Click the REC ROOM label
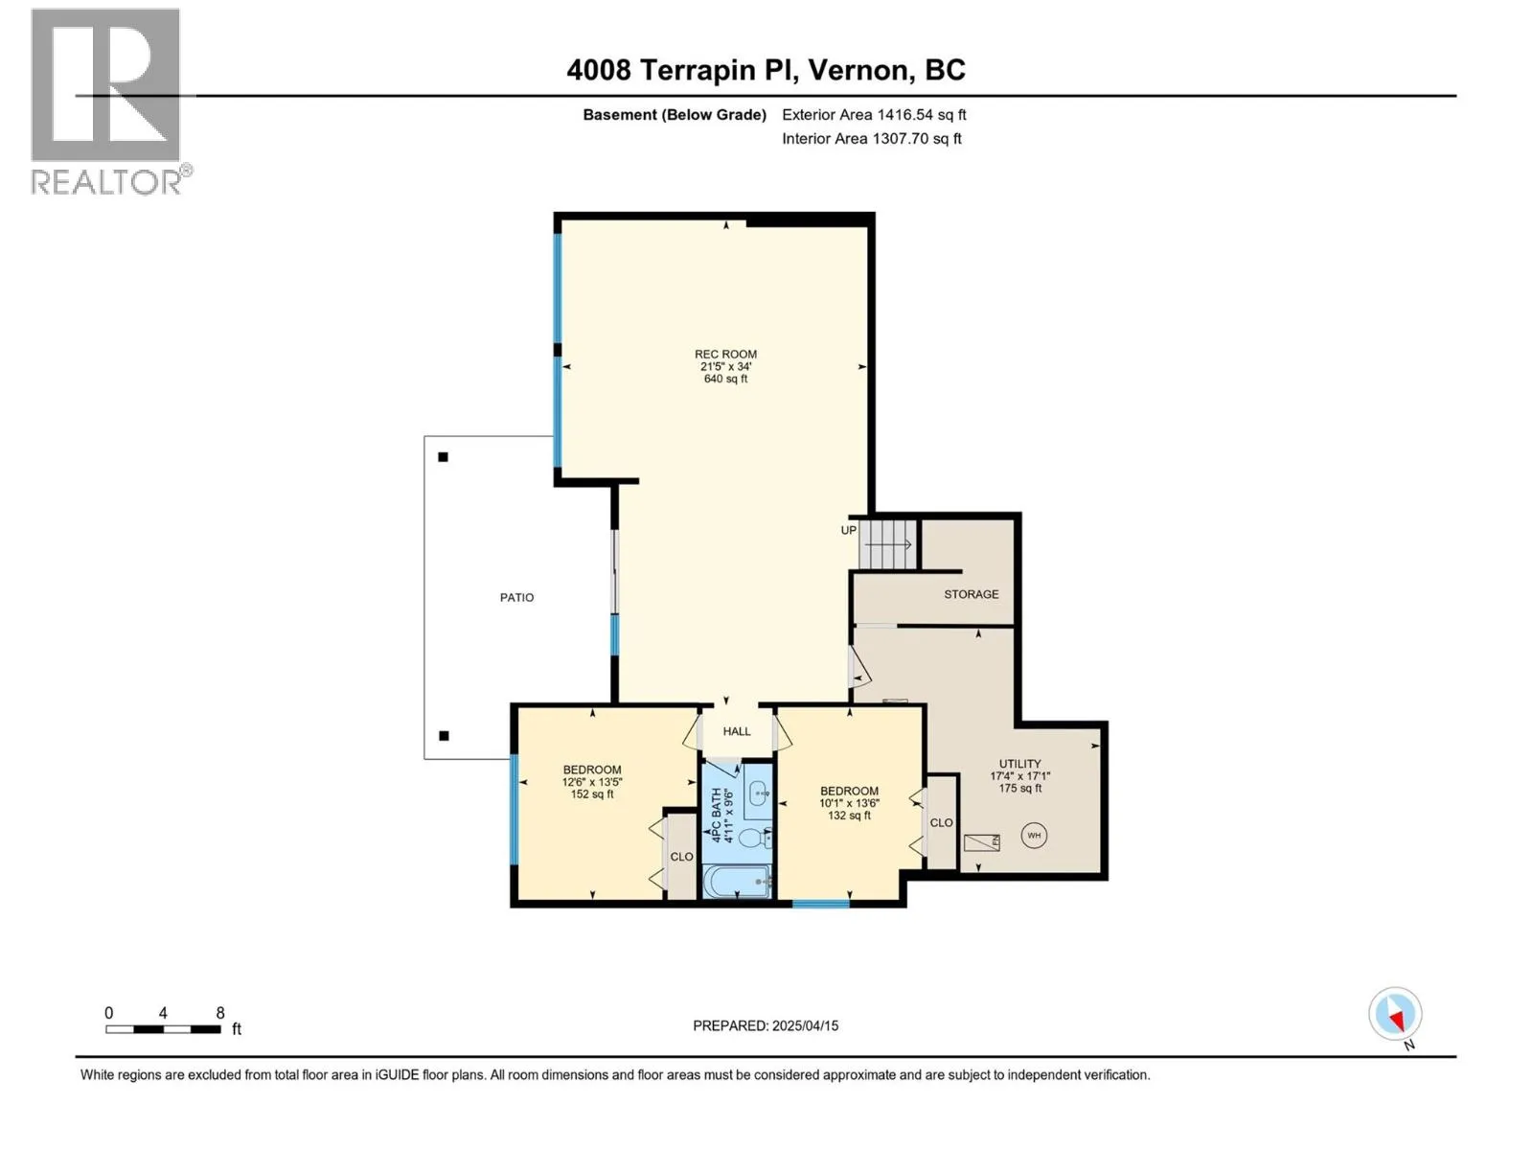(725, 354)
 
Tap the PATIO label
(516, 597)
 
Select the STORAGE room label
(971, 594)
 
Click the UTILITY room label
(1019, 764)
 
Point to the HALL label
(737, 731)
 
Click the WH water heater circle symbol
(1034, 835)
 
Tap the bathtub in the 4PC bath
(738, 882)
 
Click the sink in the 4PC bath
(759, 794)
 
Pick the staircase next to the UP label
(887, 544)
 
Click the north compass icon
(1395, 1014)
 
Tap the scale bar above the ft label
(163, 1029)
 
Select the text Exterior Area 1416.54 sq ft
(874, 114)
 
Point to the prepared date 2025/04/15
(805, 1025)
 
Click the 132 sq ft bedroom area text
(849, 815)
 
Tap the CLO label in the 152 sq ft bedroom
(681, 857)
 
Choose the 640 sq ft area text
(725, 379)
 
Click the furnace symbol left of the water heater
(981, 842)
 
